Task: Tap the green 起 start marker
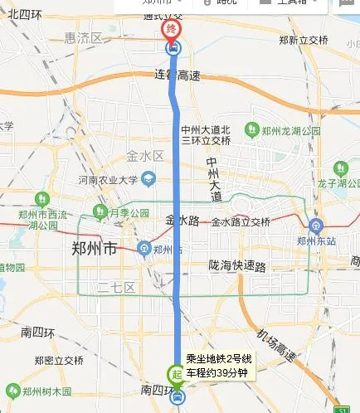click(177, 374)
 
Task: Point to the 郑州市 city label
click(95, 248)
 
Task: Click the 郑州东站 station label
click(317, 241)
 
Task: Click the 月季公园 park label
click(122, 211)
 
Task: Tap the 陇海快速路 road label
click(237, 266)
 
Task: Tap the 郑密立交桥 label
click(59, 360)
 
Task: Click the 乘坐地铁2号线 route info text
click(218, 357)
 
